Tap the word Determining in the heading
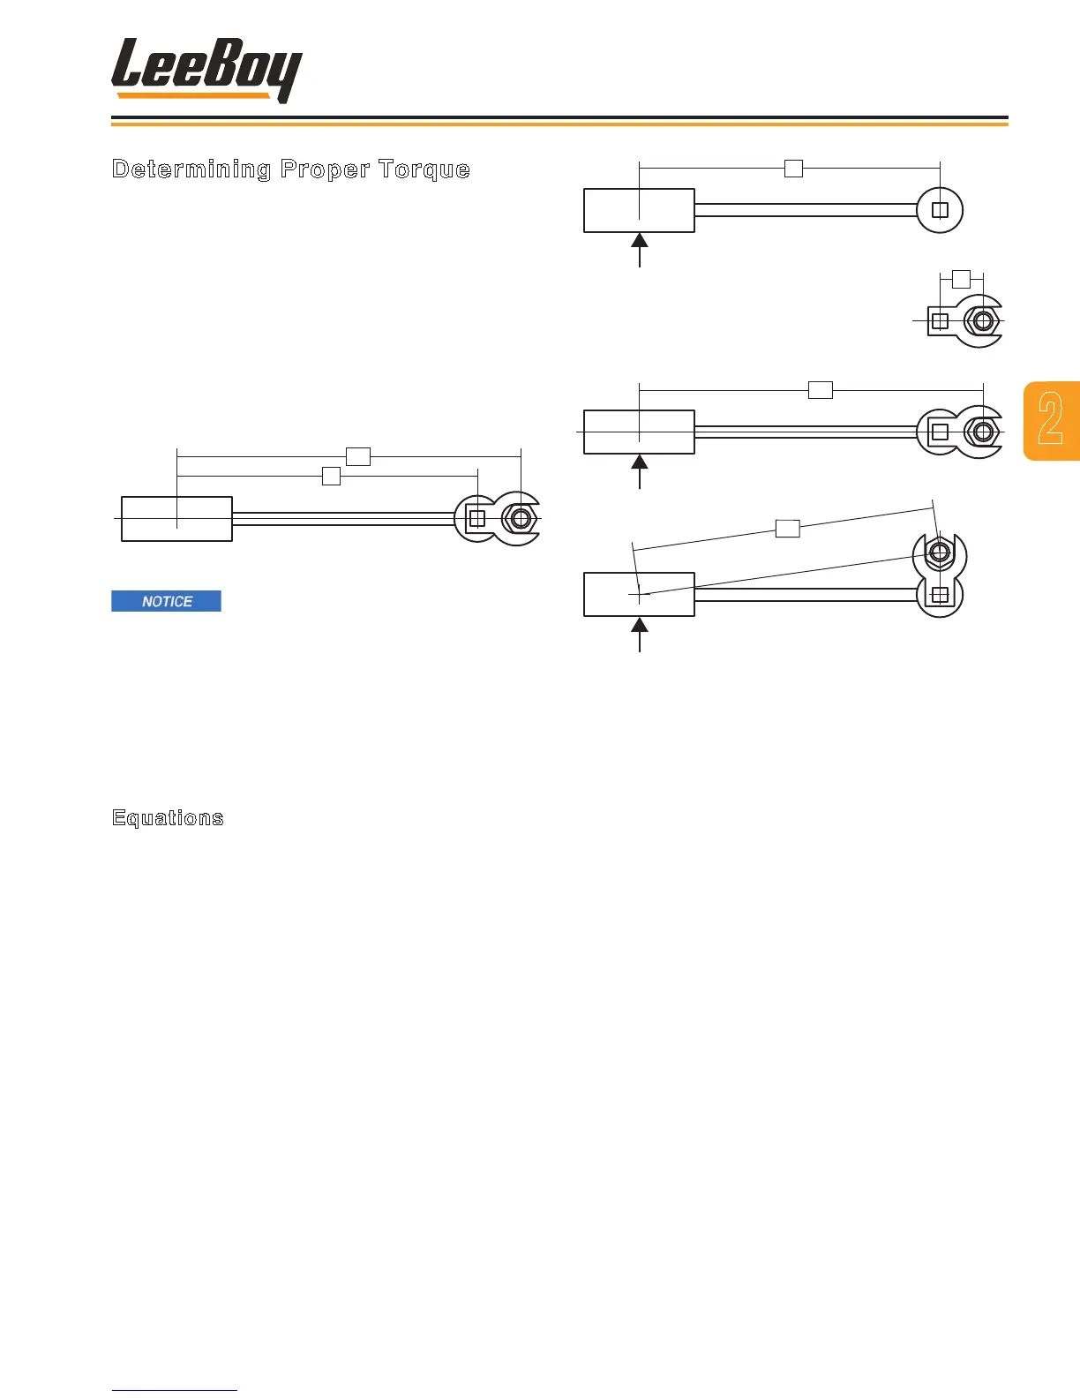pos(191,169)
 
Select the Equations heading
pos(168,817)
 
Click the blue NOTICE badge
pos(166,601)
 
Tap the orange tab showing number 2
pos(1052,421)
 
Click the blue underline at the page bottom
pos(175,1390)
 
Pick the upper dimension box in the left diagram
pos(357,456)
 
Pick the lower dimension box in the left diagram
pos(331,477)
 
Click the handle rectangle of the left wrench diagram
pos(176,519)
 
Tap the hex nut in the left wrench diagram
pos(521,518)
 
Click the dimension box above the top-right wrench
pos(793,168)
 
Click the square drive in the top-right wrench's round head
pos(940,210)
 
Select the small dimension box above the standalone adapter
pos(961,279)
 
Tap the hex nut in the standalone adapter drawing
pos(981,321)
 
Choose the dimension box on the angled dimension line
pos(787,529)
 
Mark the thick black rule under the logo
pos(559,117)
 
